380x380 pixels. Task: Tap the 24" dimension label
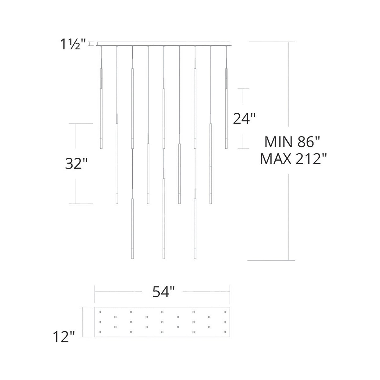(x=244, y=119)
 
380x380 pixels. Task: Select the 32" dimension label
(x=76, y=164)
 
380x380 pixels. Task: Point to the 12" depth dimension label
(x=64, y=337)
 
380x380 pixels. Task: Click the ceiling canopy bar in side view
(x=164, y=44)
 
